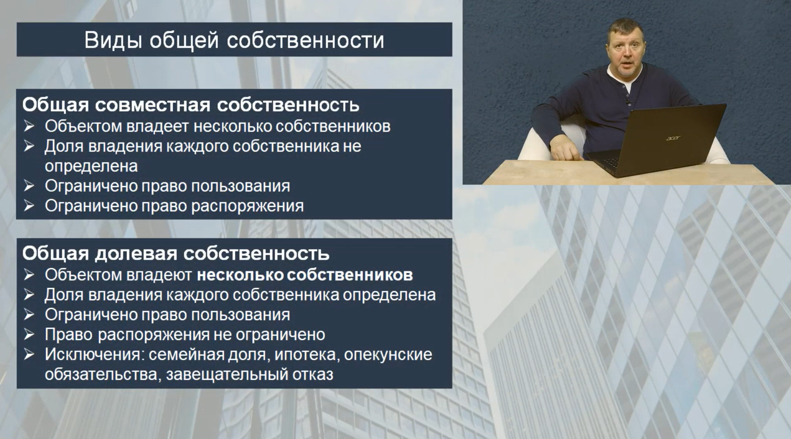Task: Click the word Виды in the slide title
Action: pos(113,40)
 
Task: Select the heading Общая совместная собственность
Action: pos(190,105)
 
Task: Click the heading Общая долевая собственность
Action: pos(176,253)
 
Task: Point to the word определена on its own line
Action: pos(91,166)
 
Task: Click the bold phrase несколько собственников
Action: pos(305,275)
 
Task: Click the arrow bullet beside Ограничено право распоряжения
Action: pos(29,206)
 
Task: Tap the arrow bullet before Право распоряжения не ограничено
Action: pos(29,334)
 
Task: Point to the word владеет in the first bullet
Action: pos(157,126)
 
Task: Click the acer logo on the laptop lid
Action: pos(673,138)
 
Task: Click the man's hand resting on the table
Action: pos(565,148)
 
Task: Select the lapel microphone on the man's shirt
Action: pos(628,103)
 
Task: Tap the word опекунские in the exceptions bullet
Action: pos(388,354)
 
